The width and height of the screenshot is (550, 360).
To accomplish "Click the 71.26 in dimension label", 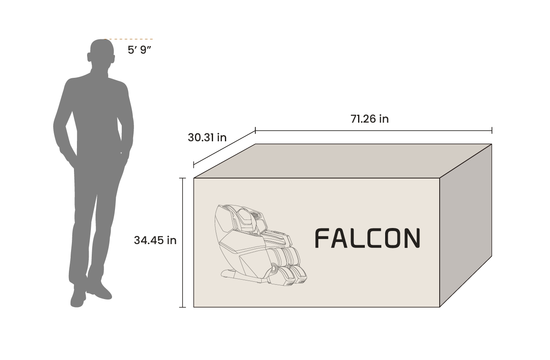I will pyautogui.click(x=369, y=119).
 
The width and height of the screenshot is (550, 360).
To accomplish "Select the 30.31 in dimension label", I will pyautogui.click(x=207, y=137).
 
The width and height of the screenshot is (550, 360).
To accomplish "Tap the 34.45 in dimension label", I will pyautogui.click(x=155, y=240).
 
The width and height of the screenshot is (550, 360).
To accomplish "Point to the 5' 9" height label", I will pyautogui.click(x=140, y=49).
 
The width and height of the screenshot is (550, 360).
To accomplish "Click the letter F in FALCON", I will pyautogui.click(x=322, y=238).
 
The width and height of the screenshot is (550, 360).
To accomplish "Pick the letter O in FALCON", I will pyautogui.click(x=391, y=238).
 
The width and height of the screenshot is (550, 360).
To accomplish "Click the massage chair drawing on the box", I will pyautogui.click(x=258, y=245).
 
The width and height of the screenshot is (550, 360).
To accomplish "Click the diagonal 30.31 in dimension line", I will pyautogui.click(x=224, y=148).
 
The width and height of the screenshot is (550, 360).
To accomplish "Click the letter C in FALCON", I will pyautogui.click(x=374, y=238).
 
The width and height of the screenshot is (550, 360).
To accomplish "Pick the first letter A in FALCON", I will pyautogui.click(x=339, y=238).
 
